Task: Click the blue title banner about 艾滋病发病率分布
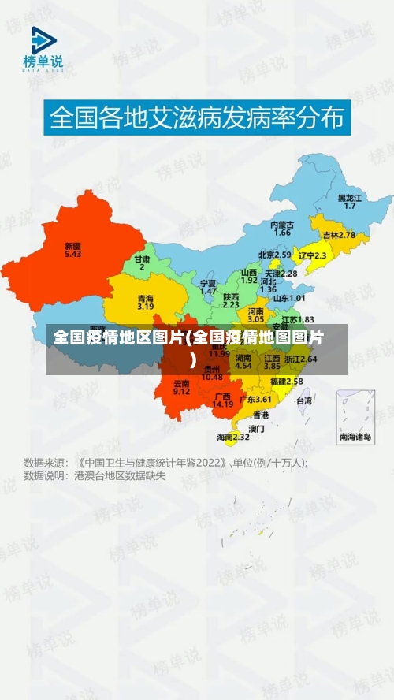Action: click(x=196, y=118)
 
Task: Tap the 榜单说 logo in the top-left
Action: click(x=43, y=49)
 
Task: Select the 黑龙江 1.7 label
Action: click(x=350, y=201)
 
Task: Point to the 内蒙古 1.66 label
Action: click(x=282, y=229)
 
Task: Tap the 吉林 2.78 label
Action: click(x=338, y=235)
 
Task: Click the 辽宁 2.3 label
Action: click(x=312, y=255)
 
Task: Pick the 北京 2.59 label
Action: click(x=275, y=255)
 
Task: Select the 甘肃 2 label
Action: click(x=142, y=262)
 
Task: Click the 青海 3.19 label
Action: click(x=145, y=303)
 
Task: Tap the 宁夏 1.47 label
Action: click(x=208, y=287)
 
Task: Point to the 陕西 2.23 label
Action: click(x=231, y=300)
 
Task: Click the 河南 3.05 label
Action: click(x=256, y=315)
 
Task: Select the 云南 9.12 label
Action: click(x=181, y=387)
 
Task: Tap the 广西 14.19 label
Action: click(x=223, y=400)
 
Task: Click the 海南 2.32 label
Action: click(x=233, y=437)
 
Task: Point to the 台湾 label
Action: click(x=303, y=400)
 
